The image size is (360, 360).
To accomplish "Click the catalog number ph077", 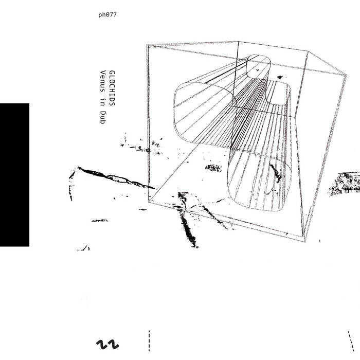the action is (107, 15).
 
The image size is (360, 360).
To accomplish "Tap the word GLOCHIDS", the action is (112, 88).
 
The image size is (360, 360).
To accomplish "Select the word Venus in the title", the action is (103, 81).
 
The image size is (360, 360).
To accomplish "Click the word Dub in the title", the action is (103, 117).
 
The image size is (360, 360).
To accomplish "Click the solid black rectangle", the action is (14, 175).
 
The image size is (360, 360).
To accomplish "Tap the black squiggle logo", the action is (107, 345).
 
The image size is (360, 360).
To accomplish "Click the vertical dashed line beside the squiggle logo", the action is (149, 340).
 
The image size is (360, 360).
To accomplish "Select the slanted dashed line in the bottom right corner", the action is (351, 341).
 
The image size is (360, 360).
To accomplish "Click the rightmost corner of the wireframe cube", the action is (346, 75).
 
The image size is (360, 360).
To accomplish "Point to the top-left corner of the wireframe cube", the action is (147, 45).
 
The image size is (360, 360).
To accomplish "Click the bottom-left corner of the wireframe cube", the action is (149, 202).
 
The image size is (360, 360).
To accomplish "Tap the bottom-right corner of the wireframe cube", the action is (304, 242).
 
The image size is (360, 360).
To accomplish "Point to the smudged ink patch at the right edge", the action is (345, 183).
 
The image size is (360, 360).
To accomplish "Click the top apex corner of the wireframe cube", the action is (238, 42).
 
